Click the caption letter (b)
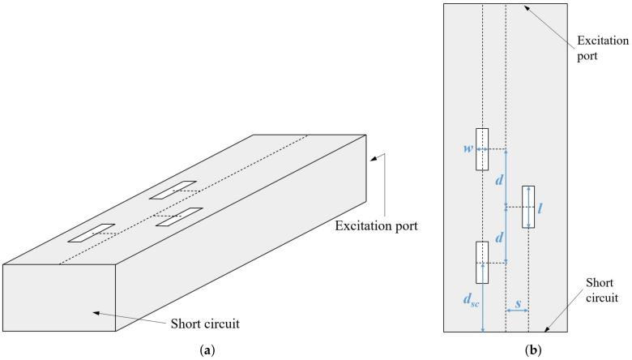pos(533,350)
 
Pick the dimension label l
pos(540,207)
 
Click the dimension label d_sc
pos(471,299)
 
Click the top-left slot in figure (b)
pos(482,149)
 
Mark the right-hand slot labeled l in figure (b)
pos(528,207)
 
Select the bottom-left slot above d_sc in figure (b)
pos(482,263)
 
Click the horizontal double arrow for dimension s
pos(517,309)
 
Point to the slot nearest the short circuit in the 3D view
pos(91,234)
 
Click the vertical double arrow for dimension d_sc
pos(483,307)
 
